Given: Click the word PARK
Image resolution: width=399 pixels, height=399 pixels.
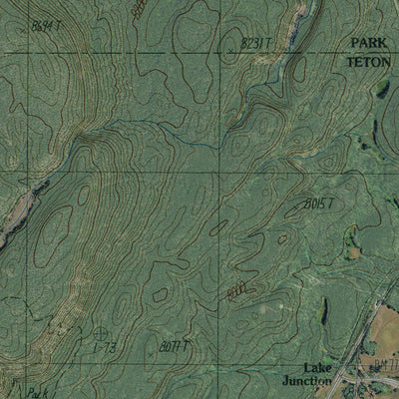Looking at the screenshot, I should pos(369,44).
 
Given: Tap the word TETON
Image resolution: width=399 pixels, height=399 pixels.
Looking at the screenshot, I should pos(369,61).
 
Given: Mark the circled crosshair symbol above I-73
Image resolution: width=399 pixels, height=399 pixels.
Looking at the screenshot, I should pos(101,332).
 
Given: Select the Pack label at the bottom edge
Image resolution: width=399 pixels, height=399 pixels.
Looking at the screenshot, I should pos(38,392).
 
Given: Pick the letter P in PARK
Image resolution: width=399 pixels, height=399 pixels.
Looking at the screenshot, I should pos(354,44).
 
